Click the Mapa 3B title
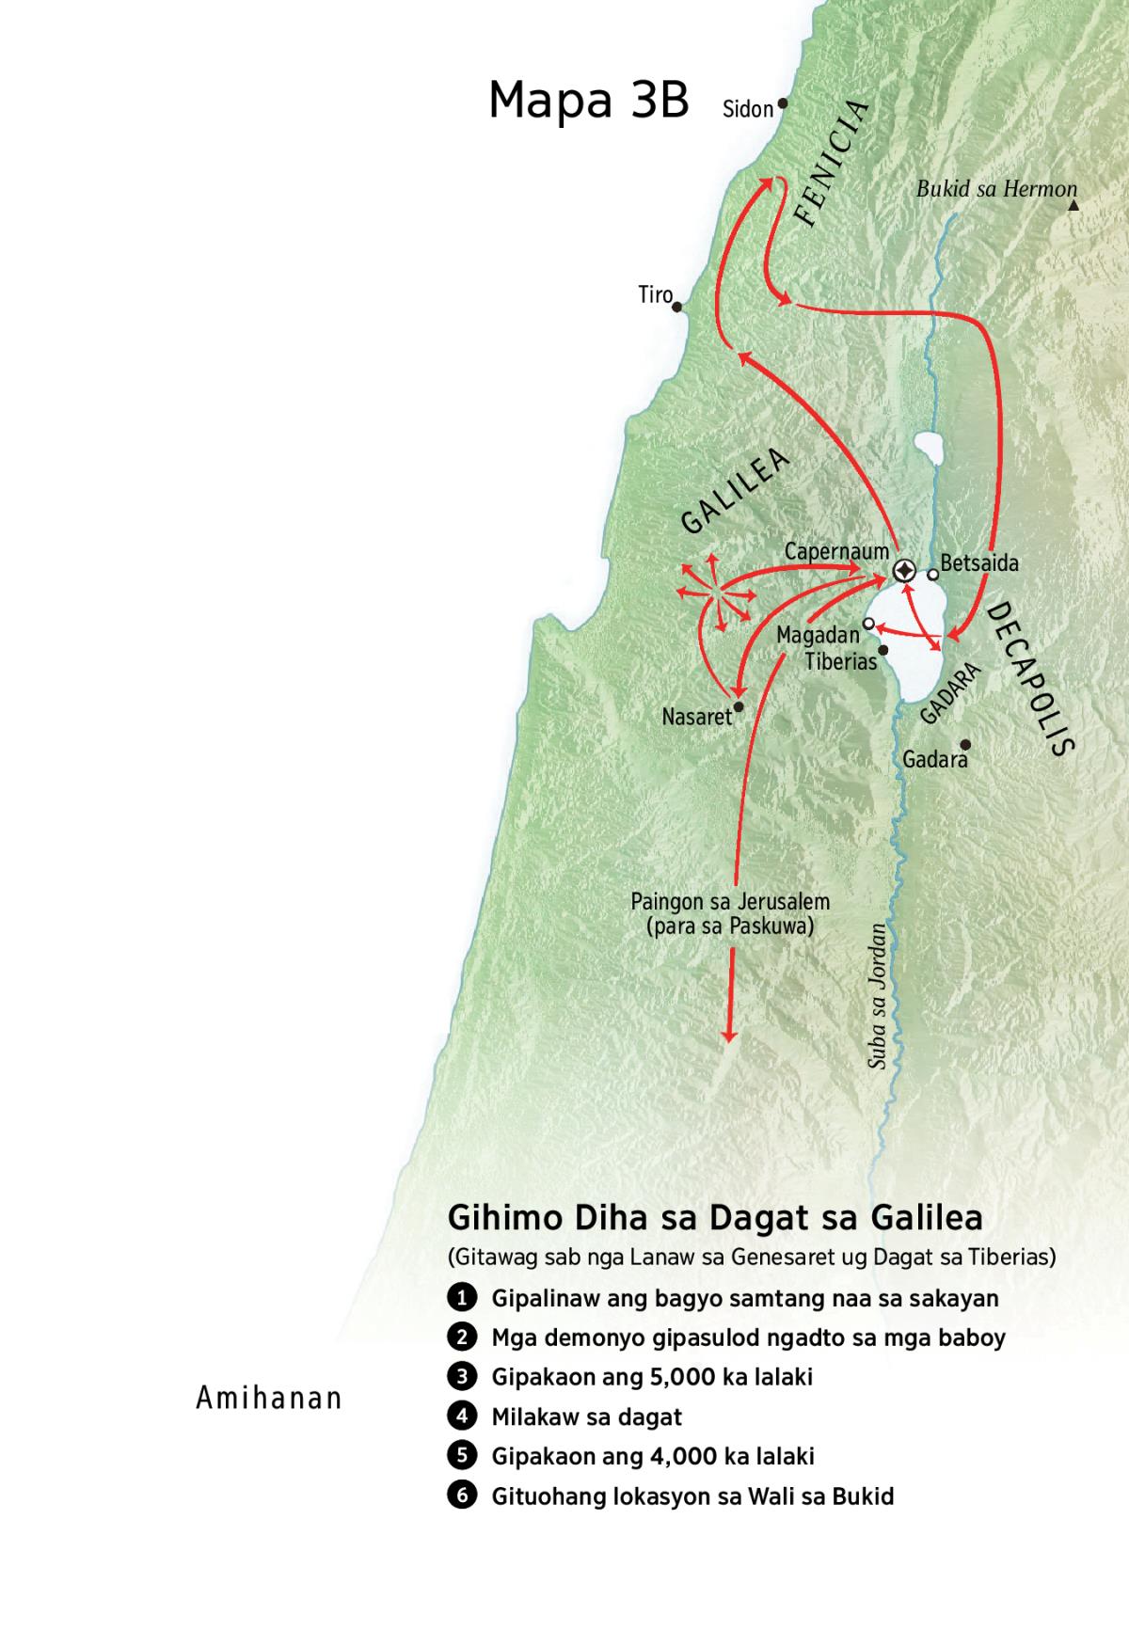589,101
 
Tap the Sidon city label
747,109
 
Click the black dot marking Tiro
676,307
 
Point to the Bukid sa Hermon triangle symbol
1073,204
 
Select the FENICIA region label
830,164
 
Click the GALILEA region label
735,493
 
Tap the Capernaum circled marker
904,571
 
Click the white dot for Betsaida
932,574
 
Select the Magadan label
818,636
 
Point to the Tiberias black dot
883,650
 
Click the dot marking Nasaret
739,706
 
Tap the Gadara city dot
964,744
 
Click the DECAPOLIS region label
1031,678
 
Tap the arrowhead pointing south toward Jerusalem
728,1034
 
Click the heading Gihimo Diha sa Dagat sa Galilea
715,1218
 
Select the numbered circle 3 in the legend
461,1377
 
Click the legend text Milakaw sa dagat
586,1416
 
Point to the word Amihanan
268,1399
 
